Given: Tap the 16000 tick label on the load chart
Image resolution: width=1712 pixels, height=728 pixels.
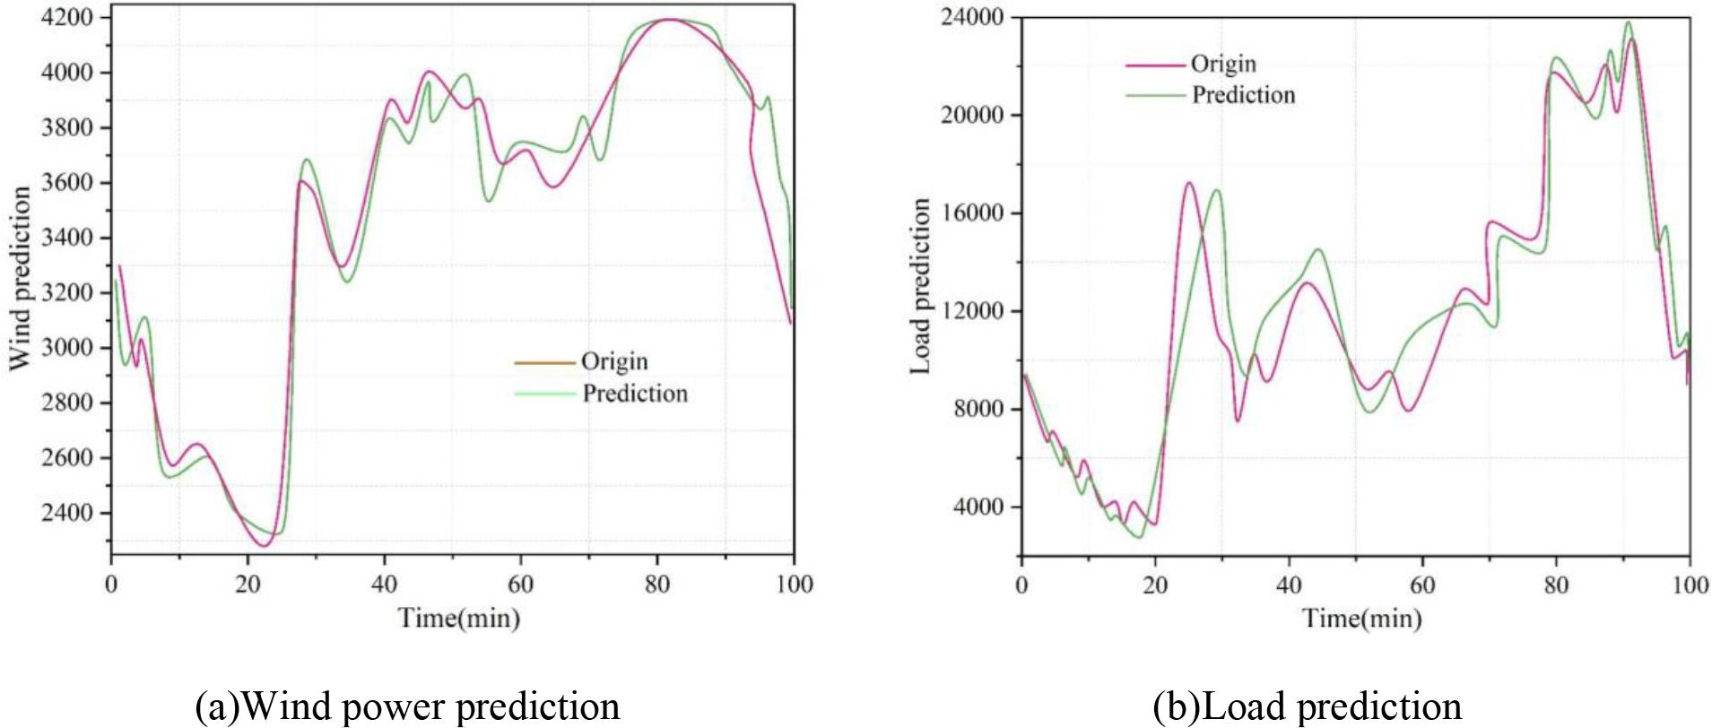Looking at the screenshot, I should [x=972, y=213].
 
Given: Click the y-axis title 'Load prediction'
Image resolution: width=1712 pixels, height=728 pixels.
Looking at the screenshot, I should [x=920, y=285].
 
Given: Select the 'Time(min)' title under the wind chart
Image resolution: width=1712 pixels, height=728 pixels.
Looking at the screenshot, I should [x=458, y=618].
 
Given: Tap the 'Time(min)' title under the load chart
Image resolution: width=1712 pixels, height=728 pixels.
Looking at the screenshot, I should [x=1361, y=618].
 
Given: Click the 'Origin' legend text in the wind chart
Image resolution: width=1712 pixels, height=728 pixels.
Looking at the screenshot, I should [x=614, y=361].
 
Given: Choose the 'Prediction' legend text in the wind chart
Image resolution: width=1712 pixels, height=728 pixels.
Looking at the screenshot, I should [x=635, y=394].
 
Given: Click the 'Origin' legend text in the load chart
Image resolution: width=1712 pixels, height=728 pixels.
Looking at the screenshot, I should [x=1223, y=64].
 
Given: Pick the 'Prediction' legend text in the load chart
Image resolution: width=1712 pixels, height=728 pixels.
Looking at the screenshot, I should [x=1243, y=95].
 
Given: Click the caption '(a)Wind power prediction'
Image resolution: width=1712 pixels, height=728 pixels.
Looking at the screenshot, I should [x=407, y=706].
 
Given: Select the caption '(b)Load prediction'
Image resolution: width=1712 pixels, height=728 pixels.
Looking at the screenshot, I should [x=1307, y=706].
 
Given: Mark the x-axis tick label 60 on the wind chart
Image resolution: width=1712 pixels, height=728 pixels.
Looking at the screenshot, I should [x=520, y=585].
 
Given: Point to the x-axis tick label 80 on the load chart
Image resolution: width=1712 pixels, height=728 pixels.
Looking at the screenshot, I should [x=1556, y=585].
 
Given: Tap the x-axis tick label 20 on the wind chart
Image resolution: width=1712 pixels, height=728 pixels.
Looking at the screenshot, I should [x=248, y=585].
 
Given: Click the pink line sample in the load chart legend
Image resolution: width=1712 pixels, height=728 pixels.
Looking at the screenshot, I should [x=1155, y=65].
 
